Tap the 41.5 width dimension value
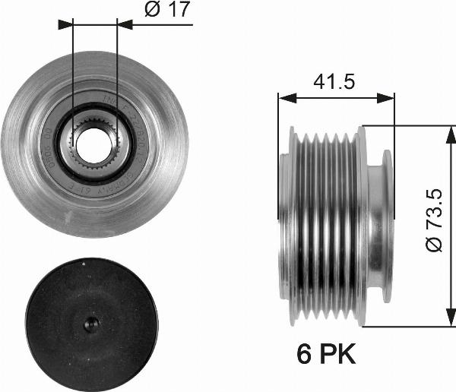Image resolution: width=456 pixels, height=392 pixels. [x=335, y=81]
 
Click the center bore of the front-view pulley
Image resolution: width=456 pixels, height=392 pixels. [x=94, y=140]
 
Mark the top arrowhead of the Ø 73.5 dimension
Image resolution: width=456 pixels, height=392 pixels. [x=445, y=130]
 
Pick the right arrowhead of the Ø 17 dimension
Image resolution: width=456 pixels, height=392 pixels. [x=122, y=24]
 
